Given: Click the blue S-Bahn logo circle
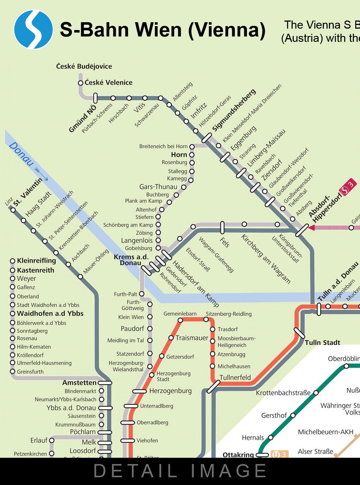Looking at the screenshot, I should (x=33, y=29).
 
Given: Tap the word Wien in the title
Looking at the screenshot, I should (x=159, y=30).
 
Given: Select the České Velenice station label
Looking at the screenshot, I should (x=108, y=83).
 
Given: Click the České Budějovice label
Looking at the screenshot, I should (x=84, y=66).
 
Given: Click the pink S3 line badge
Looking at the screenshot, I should (x=347, y=187).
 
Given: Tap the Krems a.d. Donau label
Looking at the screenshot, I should (x=131, y=260).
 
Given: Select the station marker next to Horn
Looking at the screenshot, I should (x=192, y=155).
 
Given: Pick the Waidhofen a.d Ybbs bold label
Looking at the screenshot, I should (x=50, y=314).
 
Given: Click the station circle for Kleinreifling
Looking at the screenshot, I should (x=13, y=261).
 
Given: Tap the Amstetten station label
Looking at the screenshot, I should (x=79, y=383).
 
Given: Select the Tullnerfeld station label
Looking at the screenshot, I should (x=235, y=377).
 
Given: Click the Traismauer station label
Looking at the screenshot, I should (x=192, y=338).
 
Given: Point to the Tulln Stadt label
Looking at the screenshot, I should (x=322, y=343).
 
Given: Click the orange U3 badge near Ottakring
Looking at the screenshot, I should (x=279, y=455).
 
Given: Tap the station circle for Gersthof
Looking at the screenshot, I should (x=293, y=415).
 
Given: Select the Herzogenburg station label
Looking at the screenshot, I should (x=170, y=391).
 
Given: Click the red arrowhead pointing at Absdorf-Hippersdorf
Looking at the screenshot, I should (x=311, y=228).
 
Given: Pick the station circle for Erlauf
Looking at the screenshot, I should (x=52, y=440).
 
